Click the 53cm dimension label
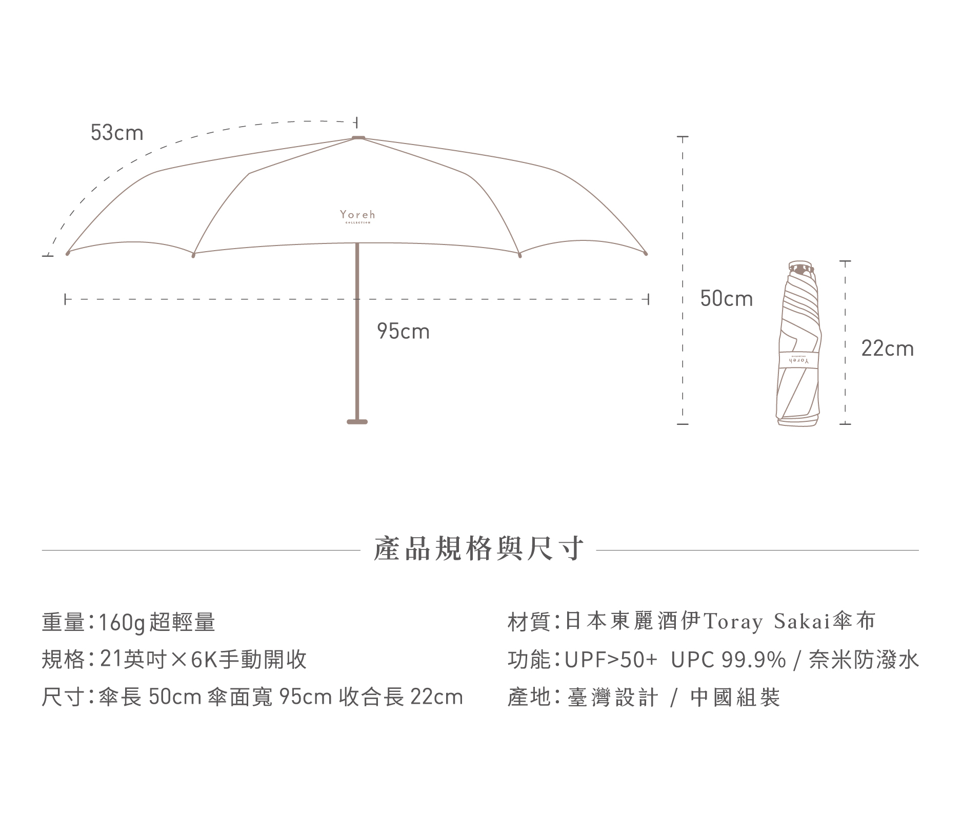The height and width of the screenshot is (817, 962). click(x=117, y=133)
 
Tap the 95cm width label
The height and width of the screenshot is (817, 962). click(x=403, y=332)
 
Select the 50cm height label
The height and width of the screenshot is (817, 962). click(x=727, y=299)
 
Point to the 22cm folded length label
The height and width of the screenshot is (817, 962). click(x=887, y=349)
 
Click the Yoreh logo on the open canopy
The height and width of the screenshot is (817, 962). click(x=357, y=216)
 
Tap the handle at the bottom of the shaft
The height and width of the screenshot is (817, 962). click(x=357, y=422)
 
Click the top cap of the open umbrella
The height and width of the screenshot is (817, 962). click(x=358, y=137)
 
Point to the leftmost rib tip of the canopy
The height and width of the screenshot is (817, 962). click(x=67, y=253)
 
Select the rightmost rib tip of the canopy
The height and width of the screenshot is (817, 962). click(x=646, y=254)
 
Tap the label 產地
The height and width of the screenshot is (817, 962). click(x=528, y=698)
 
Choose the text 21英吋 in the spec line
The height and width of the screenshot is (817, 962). click(x=133, y=660)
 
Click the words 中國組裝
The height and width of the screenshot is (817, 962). click(x=735, y=698)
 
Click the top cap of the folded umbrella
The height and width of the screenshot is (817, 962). click(x=801, y=267)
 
